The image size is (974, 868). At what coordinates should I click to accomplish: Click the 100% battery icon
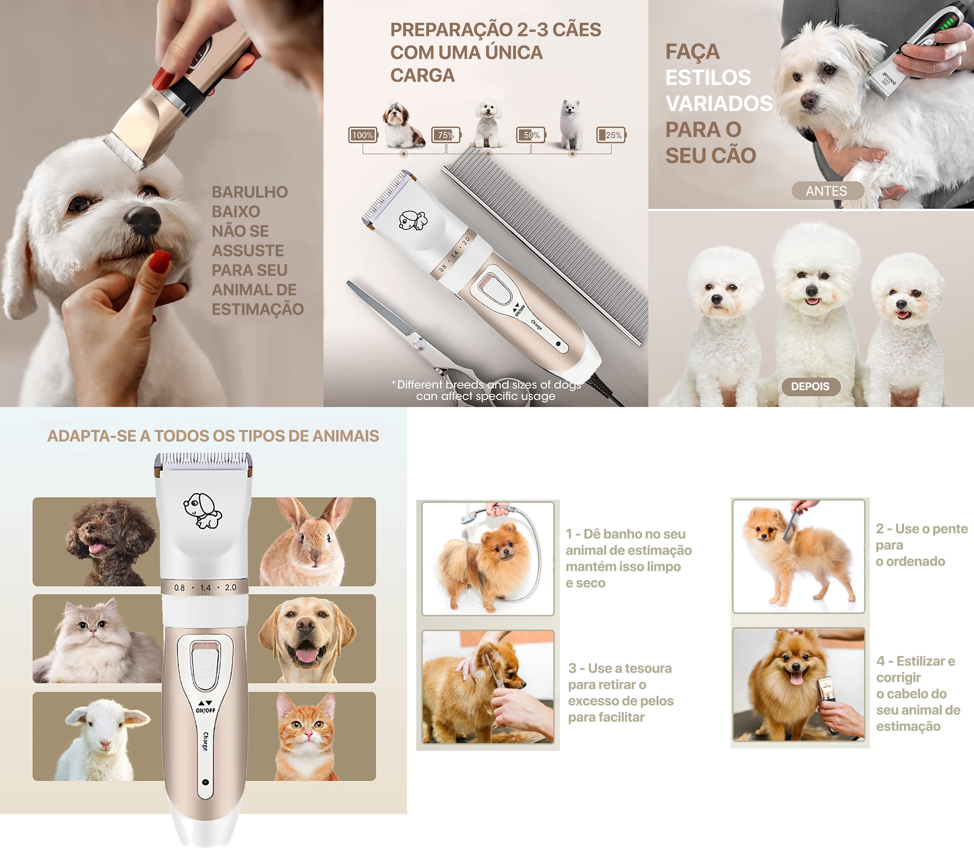click(363, 135)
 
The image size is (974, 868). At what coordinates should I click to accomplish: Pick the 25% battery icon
click(611, 135)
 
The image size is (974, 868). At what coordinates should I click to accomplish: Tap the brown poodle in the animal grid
click(110, 542)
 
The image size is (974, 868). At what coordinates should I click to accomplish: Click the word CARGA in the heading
click(423, 75)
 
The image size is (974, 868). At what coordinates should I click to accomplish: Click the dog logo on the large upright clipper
click(203, 511)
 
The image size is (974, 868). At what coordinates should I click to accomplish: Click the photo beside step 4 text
click(798, 685)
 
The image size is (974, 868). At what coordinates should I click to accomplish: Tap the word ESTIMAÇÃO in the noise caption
click(258, 309)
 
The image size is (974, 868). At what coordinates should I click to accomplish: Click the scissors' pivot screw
click(419, 342)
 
